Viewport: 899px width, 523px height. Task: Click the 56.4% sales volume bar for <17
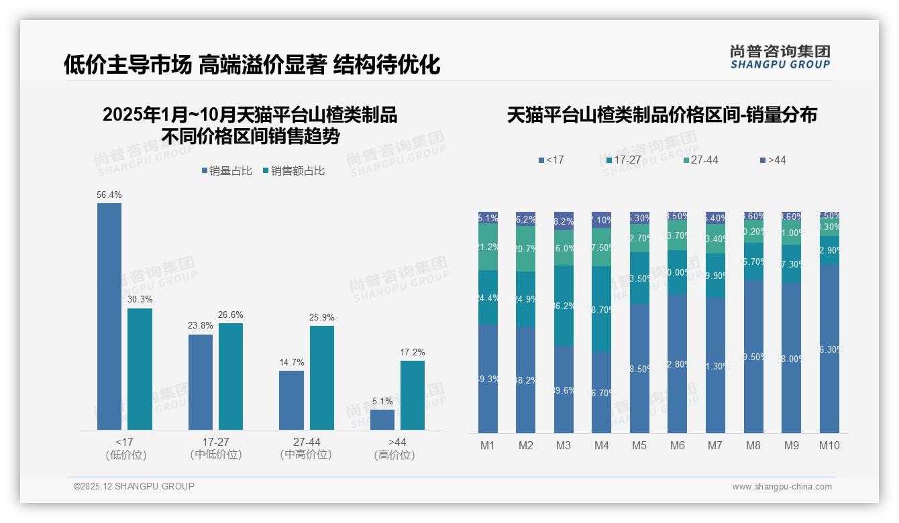point(109,316)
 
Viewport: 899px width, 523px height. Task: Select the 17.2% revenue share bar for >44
point(413,395)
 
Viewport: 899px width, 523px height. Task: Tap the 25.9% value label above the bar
point(322,317)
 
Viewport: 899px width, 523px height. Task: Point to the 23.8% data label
point(201,326)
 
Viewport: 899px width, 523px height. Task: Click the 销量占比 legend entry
point(227,171)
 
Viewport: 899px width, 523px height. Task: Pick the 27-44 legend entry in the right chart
point(700,160)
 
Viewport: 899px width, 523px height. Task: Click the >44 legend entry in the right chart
point(773,160)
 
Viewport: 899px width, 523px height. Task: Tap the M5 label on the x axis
point(639,445)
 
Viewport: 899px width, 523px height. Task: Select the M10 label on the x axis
point(829,445)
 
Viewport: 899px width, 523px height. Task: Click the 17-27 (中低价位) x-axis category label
point(215,448)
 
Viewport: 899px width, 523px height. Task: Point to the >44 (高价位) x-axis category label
point(397,448)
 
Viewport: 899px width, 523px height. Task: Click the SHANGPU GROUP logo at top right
point(780,57)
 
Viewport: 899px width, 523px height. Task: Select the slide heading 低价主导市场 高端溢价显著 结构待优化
point(252,64)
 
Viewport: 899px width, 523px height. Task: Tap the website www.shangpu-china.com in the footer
point(782,487)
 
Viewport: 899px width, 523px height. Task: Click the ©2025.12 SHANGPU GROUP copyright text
point(134,486)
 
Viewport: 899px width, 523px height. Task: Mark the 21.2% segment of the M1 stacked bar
point(488,247)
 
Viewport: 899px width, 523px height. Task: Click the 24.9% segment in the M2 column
point(525,299)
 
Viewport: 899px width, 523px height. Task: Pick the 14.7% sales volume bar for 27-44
point(291,400)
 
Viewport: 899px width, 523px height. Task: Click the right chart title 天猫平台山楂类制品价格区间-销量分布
point(662,115)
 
